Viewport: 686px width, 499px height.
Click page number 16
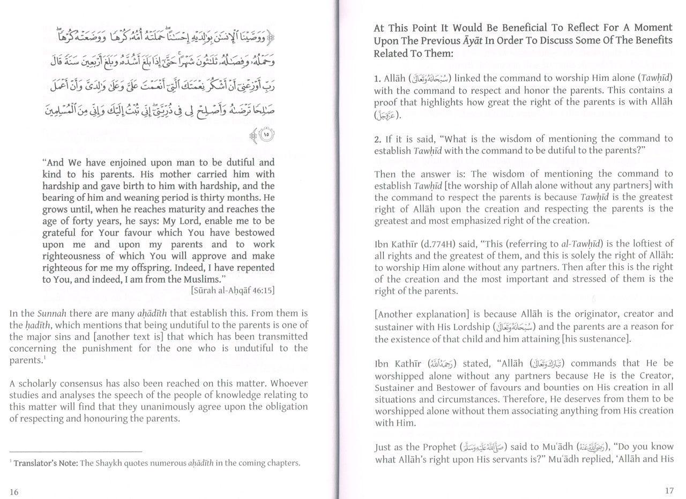[x=14, y=492]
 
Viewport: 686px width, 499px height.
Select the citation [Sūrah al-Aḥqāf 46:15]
[x=233, y=291]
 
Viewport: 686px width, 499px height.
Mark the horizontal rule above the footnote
[x=76, y=451]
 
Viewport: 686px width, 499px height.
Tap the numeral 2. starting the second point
[x=378, y=139]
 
